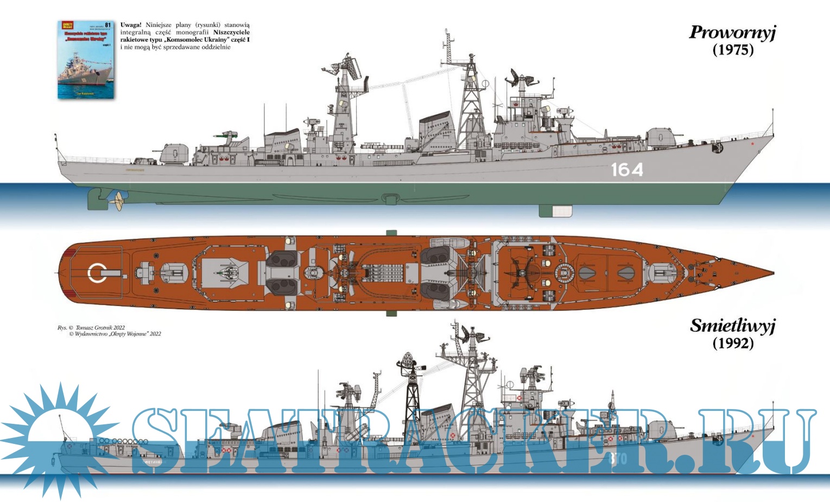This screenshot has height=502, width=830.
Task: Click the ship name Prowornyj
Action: pyautogui.click(x=732, y=33)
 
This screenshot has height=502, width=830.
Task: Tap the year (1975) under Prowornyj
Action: pyautogui.click(x=733, y=50)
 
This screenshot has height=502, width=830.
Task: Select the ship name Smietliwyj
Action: pyautogui.click(x=732, y=326)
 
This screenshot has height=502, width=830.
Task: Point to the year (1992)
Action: pyautogui.click(x=733, y=343)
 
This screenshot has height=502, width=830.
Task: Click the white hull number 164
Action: pyautogui.click(x=626, y=170)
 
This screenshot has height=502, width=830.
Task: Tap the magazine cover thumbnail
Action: pyautogui.click(x=86, y=60)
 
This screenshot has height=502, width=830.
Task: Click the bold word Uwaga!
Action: pyautogui.click(x=131, y=25)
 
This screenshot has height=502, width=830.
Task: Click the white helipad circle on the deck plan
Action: pyautogui.click(x=97, y=273)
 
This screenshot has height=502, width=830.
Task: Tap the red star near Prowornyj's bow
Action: pyautogui.click(x=752, y=144)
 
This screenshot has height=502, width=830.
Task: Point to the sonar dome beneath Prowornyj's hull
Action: pyautogui.click(x=555, y=211)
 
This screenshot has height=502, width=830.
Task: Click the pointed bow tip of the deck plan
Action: pyautogui.click(x=772, y=273)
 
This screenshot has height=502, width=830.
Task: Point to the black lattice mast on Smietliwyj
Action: pyautogui.click(x=411, y=391)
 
